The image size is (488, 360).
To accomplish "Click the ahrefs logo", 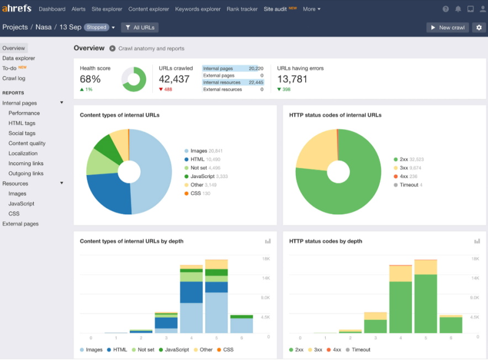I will (17, 9).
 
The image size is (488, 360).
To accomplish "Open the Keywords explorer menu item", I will (198, 9).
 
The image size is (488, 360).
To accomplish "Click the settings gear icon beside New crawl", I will (479, 28).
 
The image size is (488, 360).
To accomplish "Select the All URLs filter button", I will (140, 28).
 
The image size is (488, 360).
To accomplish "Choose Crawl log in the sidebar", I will (14, 78).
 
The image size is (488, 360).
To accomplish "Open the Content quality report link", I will (27, 144).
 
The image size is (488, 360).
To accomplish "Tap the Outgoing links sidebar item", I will (26, 173).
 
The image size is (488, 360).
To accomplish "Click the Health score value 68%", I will (91, 79).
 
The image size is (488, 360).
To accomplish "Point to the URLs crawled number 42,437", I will (174, 79).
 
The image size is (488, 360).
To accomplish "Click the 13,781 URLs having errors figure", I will (292, 79).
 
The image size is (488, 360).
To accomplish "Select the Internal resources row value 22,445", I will (256, 82).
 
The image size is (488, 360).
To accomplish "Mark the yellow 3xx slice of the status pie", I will (315, 149).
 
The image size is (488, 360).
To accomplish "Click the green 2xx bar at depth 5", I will (426, 304).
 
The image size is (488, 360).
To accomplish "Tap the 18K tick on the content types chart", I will (266, 258).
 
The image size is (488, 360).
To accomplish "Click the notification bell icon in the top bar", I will (458, 9).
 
